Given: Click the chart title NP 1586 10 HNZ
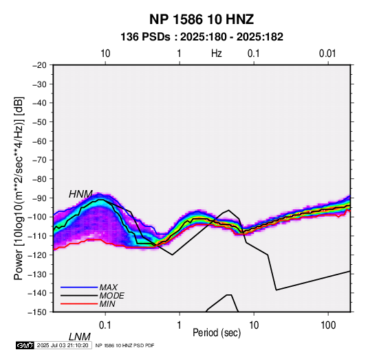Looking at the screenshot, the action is coord(202,19).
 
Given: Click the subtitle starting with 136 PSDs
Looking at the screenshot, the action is coord(202,37).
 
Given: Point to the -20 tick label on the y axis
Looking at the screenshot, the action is coord(39,65).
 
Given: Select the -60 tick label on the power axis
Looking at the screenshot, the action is coord(39,141).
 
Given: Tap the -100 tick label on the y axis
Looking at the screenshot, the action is coord(38,217).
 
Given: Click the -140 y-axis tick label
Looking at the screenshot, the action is coord(38,293).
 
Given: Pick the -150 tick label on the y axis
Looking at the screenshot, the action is coord(38,312).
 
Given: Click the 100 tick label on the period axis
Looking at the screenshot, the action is coord(328,325).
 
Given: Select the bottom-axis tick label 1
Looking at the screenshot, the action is coord(180,325).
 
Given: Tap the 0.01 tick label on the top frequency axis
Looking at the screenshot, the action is coord(327,54).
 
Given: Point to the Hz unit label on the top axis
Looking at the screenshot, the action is coord(217,54).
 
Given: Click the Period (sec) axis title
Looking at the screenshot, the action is coord(217,333).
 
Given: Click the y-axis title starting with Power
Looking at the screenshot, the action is coord(19,189).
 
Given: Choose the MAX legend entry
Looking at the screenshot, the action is coord(109,288).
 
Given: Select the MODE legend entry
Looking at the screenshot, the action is coord(111,296).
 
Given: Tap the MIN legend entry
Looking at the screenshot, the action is coord(107,304).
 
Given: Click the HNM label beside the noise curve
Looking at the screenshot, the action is coord(80,194).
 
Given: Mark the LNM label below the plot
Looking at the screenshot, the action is coord(79,337).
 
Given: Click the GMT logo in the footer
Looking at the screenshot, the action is coord(25,345).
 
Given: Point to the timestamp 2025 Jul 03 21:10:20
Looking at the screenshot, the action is coord(63,345).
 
